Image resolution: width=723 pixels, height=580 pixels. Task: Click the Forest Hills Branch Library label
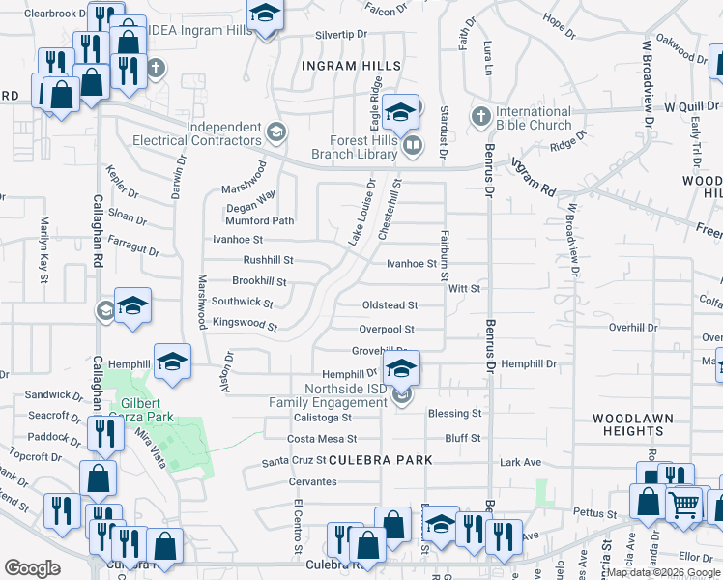pos(354,145)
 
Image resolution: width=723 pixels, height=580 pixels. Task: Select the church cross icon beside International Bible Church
pos(480,117)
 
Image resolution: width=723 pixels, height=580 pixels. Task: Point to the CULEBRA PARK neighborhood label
pos(381,460)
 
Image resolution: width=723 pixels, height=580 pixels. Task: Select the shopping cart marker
pos(684,504)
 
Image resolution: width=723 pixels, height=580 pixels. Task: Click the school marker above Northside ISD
pos(401,368)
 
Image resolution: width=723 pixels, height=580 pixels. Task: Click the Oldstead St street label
pos(389,305)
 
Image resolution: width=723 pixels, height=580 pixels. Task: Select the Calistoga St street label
pos(321,418)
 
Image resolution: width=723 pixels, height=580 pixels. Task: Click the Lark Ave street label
pos(520,463)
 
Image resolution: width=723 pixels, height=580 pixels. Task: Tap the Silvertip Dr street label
pos(342,34)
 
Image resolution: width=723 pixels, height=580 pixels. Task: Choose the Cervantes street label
pos(312,481)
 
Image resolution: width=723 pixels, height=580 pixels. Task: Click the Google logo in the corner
pos(32,568)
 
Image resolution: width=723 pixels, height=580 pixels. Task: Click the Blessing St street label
pos(455,413)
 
